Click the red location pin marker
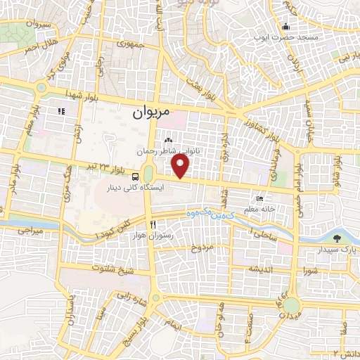click(x=182, y=166)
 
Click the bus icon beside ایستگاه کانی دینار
click(x=135, y=177)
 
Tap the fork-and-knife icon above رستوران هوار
click(x=153, y=224)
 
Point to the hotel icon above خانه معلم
click(x=261, y=198)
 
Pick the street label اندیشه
click(x=257, y=269)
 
